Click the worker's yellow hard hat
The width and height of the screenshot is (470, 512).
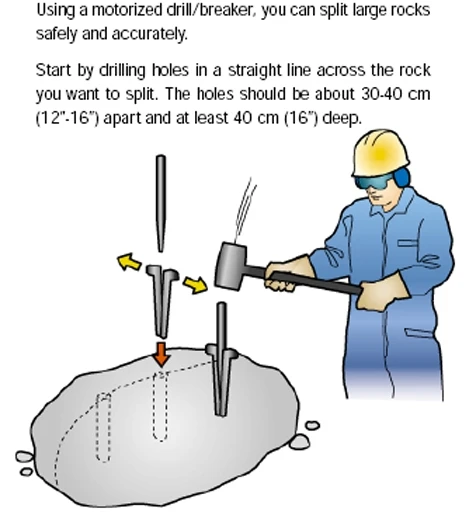pyautogui.click(x=381, y=154)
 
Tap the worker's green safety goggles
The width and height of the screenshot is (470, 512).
pyautogui.click(x=373, y=182)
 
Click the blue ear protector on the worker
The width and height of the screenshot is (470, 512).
pyautogui.click(x=401, y=177)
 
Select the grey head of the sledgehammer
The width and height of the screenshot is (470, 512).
pyautogui.click(x=232, y=266)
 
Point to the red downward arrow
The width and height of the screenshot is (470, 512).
pyautogui.click(x=161, y=354)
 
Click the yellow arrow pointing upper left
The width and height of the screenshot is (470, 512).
pyautogui.click(x=129, y=262)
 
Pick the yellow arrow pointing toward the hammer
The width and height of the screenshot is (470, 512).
pyautogui.click(x=195, y=285)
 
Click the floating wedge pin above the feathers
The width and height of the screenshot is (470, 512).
pyautogui.click(x=161, y=203)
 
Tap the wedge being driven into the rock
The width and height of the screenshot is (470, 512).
pyautogui.click(x=221, y=359)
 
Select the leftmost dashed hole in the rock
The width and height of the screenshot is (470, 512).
pyautogui.click(x=103, y=428)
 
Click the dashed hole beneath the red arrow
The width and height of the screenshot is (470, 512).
pyautogui.click(x=161, y=406)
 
